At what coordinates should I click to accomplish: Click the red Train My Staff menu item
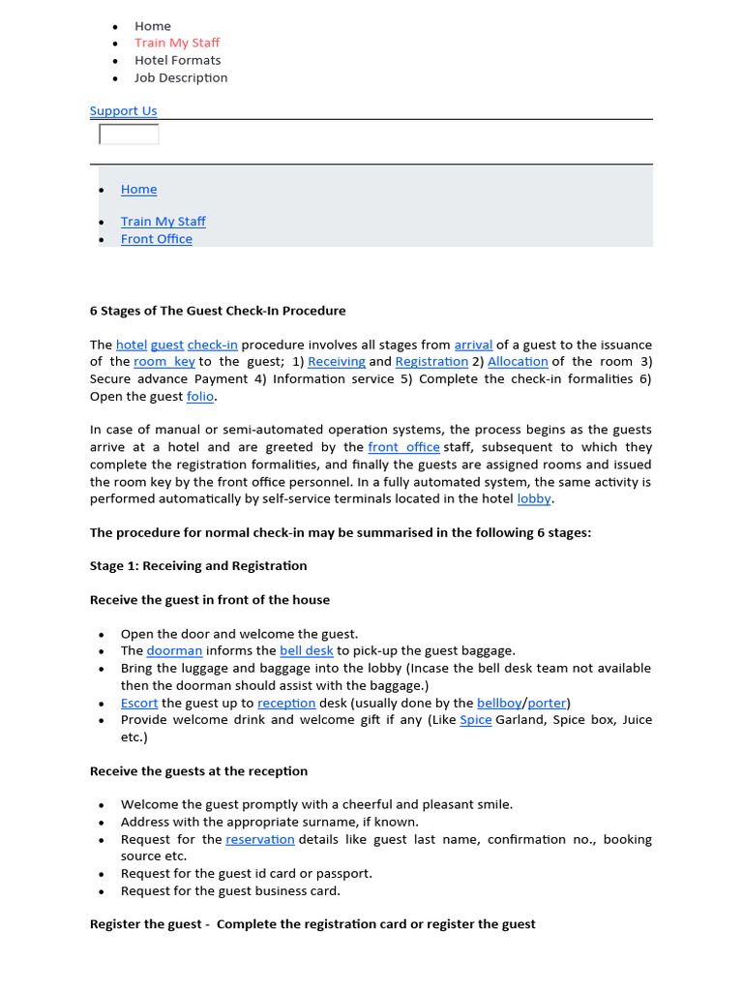[177, 43]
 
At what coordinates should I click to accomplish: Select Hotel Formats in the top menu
[177, 60]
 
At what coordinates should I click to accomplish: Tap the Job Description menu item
[181, 77]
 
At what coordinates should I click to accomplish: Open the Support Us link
[123, 111]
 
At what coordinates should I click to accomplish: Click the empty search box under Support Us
[129, 135]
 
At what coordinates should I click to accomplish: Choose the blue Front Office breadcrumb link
[157, 239]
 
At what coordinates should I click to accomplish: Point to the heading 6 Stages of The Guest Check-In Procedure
[218, 311]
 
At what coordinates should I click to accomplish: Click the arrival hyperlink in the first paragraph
[473, 345]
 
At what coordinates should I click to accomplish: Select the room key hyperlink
[164, 362]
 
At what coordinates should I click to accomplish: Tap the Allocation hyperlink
[518, 362]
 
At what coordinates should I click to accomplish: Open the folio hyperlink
[200, 397]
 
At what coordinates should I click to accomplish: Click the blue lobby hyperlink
[534, 499]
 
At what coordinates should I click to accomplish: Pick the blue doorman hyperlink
[174, 651]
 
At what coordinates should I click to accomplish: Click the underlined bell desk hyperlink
[307, 651]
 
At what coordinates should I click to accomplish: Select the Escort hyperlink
[139, 704]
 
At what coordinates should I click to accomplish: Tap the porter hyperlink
[548, 704]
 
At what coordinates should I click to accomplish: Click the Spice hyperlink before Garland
[475, 720]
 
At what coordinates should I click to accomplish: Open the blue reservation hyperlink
[260, 840]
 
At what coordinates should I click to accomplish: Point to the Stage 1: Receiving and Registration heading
[198, 566]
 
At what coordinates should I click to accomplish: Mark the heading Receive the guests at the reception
[198, 771]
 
